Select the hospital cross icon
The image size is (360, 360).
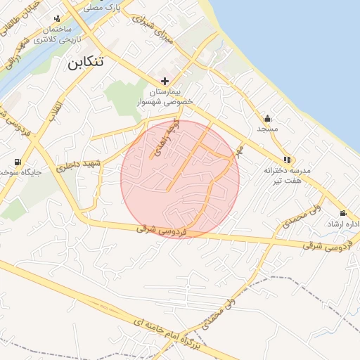(165, 81)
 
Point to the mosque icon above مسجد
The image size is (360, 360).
(267, 118)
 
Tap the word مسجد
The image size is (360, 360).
(267, 129)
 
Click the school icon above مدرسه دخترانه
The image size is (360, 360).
(286, 160)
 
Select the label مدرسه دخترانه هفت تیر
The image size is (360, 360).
(287, 176)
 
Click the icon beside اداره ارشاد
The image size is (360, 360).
(342, 213)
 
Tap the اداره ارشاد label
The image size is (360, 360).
(343, 224)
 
